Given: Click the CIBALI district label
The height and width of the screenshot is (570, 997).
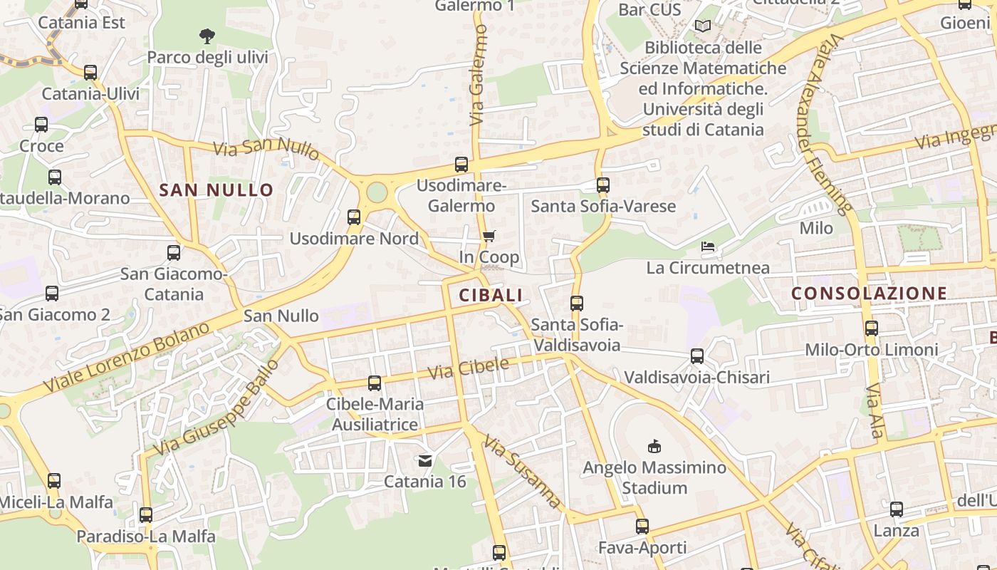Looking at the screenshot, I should click(491, 295).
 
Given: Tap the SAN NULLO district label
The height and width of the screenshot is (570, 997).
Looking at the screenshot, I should click(216, 190).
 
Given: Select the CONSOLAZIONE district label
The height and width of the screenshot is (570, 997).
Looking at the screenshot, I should click(869, 293).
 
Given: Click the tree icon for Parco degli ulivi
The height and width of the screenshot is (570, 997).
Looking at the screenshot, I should click(207, 36).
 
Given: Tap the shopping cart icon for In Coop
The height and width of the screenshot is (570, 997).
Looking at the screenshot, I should click(489, 236).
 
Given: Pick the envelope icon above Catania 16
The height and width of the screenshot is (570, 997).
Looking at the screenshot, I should click(425, 461).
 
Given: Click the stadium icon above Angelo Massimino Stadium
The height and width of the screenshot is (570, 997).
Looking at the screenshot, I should click(654, 447).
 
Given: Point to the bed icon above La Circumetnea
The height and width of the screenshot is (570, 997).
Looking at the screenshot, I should click(708, 247).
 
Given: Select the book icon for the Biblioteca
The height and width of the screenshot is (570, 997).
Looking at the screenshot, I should click(703, 26).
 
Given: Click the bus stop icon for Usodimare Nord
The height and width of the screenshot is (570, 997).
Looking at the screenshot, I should click(354, 217).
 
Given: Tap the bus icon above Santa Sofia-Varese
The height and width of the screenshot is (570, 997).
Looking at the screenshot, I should click(603, 185).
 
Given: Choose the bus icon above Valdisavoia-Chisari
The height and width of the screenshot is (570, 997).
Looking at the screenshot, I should click(697, 356).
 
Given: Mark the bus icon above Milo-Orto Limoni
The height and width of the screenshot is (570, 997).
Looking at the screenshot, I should click(872, 328).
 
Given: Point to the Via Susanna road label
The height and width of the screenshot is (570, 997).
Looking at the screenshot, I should click(523, 471).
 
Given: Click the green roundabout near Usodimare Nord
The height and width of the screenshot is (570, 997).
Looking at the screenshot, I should click(377, 192).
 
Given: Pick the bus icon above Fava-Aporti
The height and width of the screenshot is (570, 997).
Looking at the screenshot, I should click(642, 527).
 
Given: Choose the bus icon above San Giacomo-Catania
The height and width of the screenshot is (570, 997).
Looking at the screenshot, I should click(174, 253).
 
